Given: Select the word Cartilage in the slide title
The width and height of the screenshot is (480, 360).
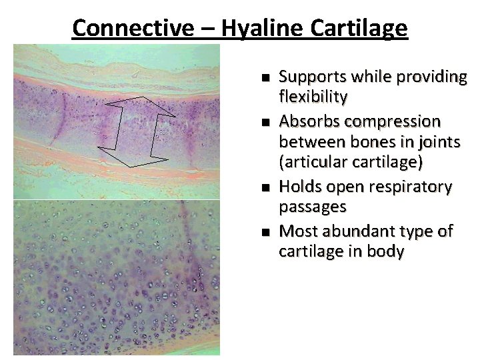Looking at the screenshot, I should point(358,29).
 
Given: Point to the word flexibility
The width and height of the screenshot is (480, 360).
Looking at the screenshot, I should point(313,98).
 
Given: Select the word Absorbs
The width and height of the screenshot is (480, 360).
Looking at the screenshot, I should point(306,121).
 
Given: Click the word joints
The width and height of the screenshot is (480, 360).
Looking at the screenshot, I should point(440,143).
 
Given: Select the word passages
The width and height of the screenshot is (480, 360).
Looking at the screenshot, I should point(312,208).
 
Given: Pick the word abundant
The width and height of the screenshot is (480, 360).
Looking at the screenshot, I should point(362,231).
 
